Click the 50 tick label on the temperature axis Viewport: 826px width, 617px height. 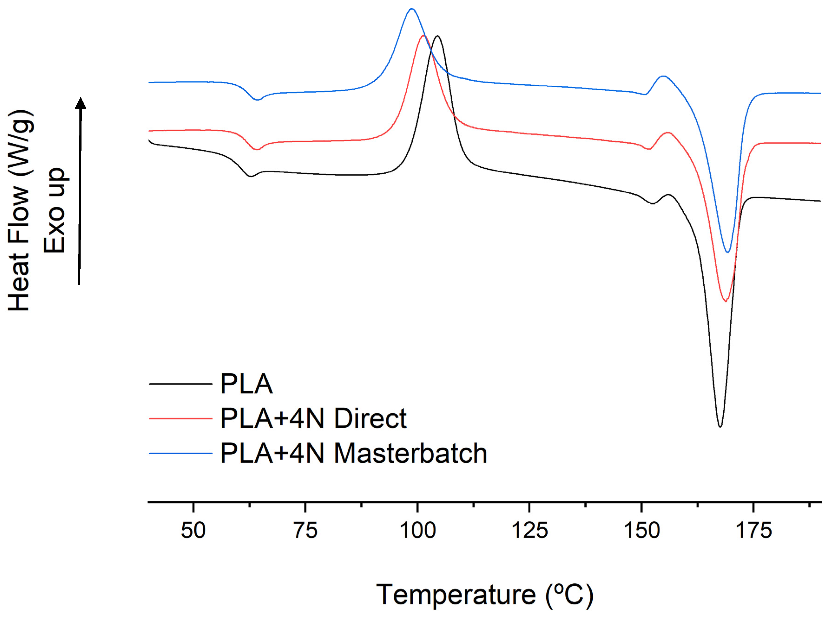pyautogui.click(x=193, y=531)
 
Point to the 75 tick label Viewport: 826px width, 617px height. pyautogui.click(x=305, y=531)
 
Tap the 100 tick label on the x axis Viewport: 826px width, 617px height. pyautogui.click(x=418, y=531)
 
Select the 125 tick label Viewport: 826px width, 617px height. pyautogui.click(x=530, y=531)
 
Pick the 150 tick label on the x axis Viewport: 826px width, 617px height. pyautogui.click(x=642, y=531)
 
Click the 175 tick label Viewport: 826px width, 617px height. pyautogui.click(x=754, y=531)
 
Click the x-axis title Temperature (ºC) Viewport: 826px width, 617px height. pyautogui.click(x=484, y=595)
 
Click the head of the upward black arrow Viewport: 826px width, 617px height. pyautogui.click(x=81, y=103)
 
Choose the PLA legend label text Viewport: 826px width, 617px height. pyautogui.click(x=246, y=384)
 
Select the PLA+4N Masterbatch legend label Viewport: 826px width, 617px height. pyautogui.click(x=353, y=453)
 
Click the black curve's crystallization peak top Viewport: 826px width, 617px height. pyautogui.click(x=437, y=36)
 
